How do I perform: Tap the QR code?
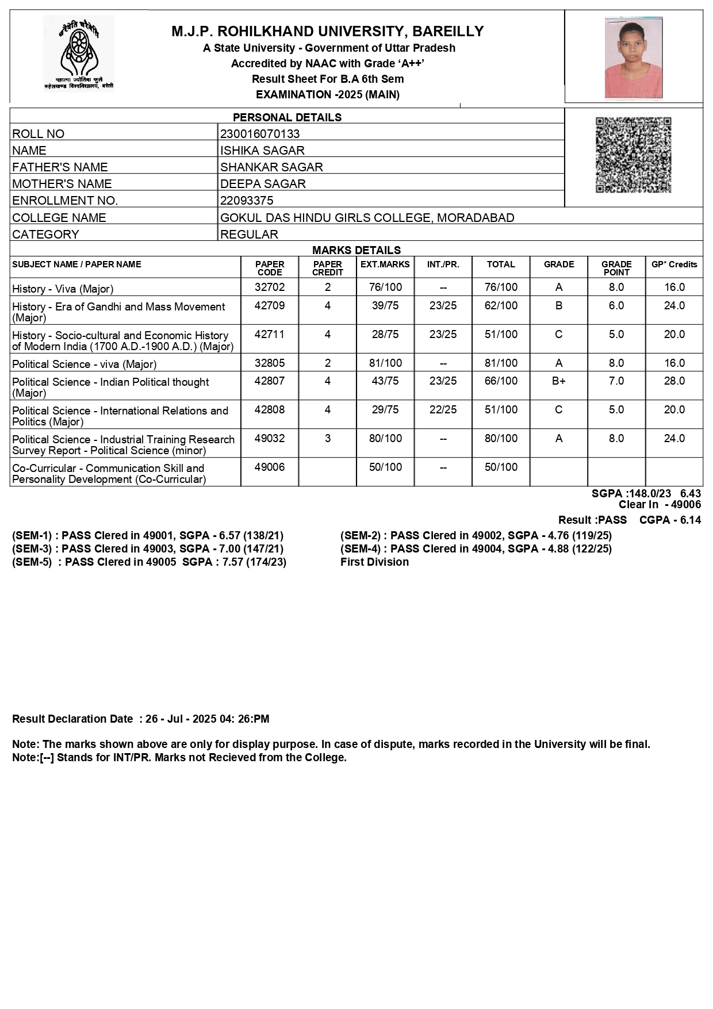(633, 155)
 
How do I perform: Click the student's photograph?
(633, 57)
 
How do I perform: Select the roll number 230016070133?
(260, 134)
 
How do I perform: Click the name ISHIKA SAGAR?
(262, 151)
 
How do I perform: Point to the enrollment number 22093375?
(247, 201)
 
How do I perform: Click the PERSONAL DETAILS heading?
(287, 117)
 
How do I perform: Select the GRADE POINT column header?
(616, 268)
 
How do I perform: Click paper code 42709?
(270, 305)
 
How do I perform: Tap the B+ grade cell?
(558, 381)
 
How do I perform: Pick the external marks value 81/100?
(385, 363)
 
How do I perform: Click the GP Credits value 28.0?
(674, 381)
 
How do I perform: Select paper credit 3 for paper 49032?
(328, 438)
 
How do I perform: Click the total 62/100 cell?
(501, 305)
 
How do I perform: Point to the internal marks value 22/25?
(443, 409)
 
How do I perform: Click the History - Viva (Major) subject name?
(63, 289)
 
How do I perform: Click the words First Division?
(374, 562)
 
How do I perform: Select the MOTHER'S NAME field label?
(62, 184)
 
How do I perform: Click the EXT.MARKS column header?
(385, 264)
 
